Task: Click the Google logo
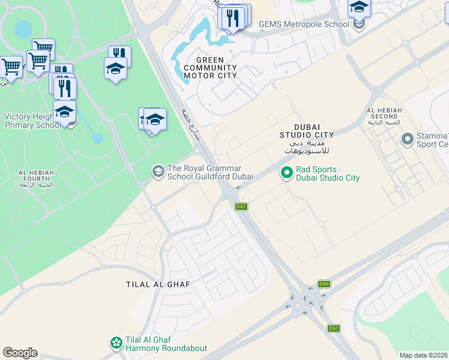(x=20, y=353)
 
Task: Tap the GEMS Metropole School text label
(x=304, y=25)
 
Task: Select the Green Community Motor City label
(x=210, y=68)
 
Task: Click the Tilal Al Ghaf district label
(x=158, y=284)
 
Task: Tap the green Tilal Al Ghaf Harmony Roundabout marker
(x=116, y=343)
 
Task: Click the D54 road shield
(x=324, y=284)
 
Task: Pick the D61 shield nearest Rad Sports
(x=241, y=206)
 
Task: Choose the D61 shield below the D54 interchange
(x=334, y=328)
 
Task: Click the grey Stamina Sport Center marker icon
(x=408, y=140)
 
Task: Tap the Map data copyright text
(x=424, y=355)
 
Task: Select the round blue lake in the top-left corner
(x=23, y=29)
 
